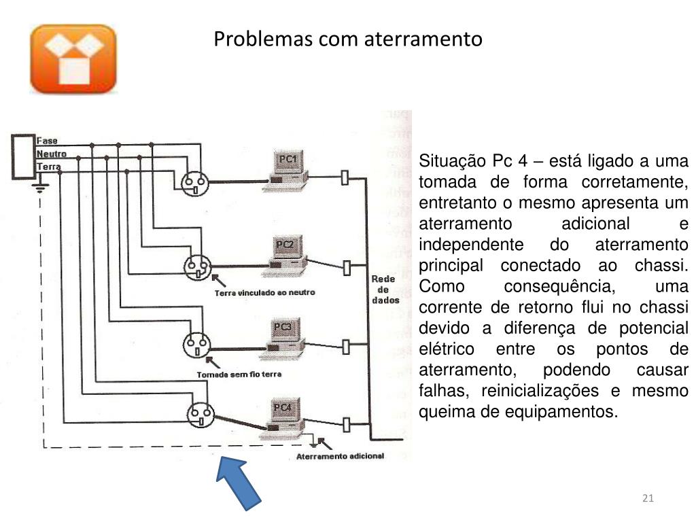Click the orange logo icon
pyautogui.click(x=73, y=59)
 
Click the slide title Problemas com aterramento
pyautogui.click(x=348, y=39)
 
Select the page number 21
pyautogui.click(x=647, y=500)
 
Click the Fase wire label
pyautogui.click(x=47, y=141)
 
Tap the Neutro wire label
pyautogui.click(x=51, y=154)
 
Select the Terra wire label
pyautogui.click(x=48, y=167)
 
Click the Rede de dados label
pyautogui.click(x=385, y=290)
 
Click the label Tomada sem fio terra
pyautogui.click(x=239, y=375)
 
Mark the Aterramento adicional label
pyautogui.click(x=340, y=456)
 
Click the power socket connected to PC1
pyautogui.click(x=195, y=182)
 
